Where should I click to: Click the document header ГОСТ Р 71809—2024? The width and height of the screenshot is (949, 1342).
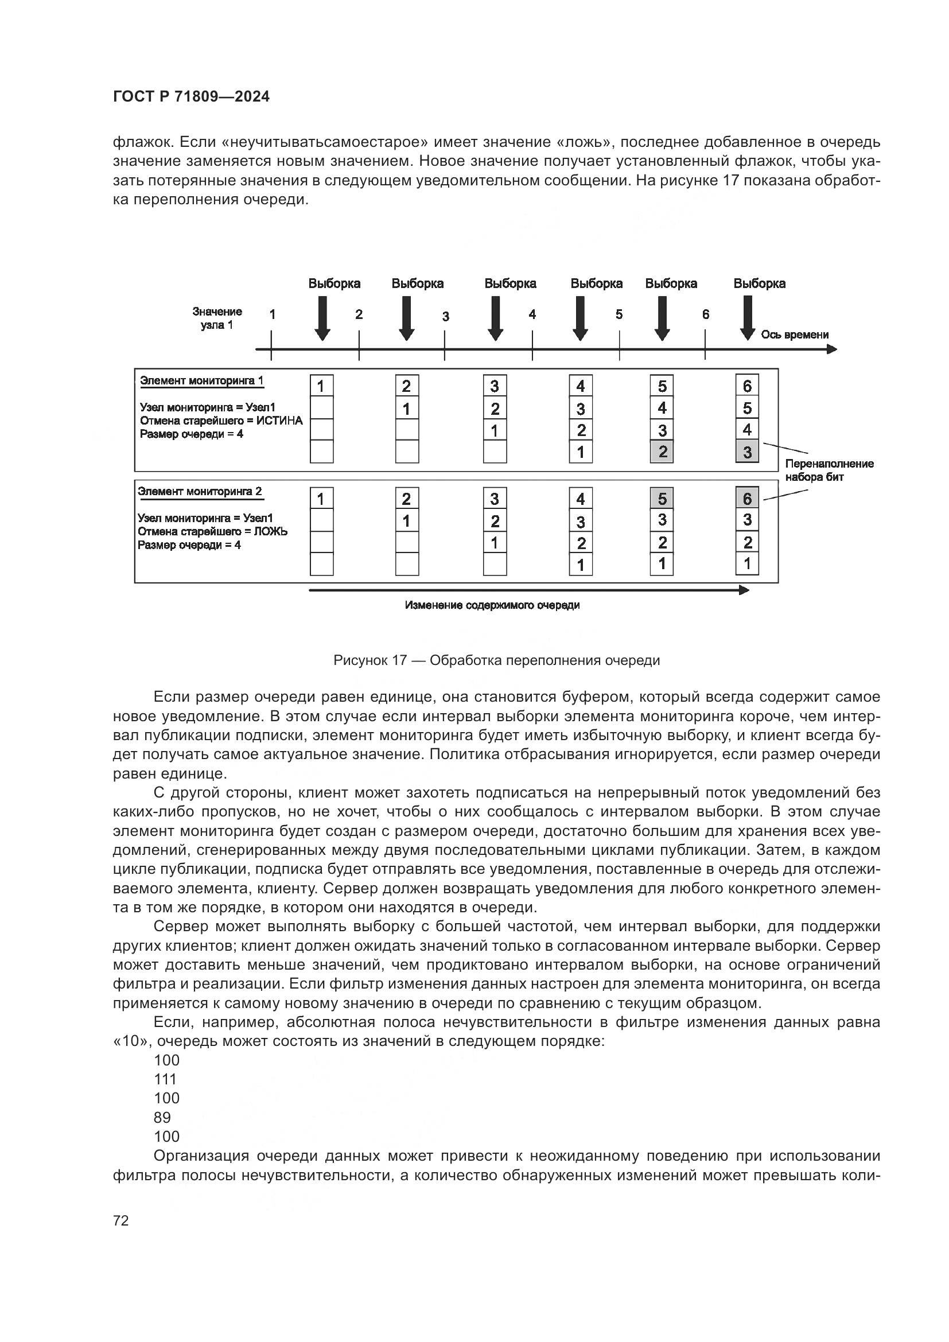[x=191, y=97]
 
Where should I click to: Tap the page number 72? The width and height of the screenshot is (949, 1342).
[x=121, y=1220]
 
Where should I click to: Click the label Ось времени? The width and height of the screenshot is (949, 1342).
[x=795, y=335]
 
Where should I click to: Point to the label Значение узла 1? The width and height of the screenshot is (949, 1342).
[x=217, y=318]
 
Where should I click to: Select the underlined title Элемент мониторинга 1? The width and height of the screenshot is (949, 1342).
[x=202, y=381]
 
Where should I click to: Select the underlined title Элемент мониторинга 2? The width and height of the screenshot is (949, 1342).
[x=200, y=492]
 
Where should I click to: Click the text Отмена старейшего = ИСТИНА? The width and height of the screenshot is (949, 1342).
[x=221, y=421]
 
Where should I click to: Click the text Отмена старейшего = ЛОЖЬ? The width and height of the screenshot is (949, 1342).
[x=213, y=532]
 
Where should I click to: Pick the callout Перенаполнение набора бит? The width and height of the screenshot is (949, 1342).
[x=829, y=470]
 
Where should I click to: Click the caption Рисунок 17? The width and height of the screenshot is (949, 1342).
[x=496, y=660]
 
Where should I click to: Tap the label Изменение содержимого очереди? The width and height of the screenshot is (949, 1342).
[x=492, y=605]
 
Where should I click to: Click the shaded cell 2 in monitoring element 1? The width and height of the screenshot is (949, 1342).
[x=662, y=452]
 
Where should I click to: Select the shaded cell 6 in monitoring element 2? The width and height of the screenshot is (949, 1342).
[x=747, y=499]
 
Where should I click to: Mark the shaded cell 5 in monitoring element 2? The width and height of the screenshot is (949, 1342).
[x=662, y=499]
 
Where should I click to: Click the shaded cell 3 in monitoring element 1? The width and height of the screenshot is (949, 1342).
[x=747, y=452]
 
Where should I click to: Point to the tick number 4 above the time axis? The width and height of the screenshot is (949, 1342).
[x=532, y=315]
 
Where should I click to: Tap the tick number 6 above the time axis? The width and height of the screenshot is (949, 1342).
[x=706, y=315]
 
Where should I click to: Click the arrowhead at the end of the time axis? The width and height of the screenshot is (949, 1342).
[x=832, y=349]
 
